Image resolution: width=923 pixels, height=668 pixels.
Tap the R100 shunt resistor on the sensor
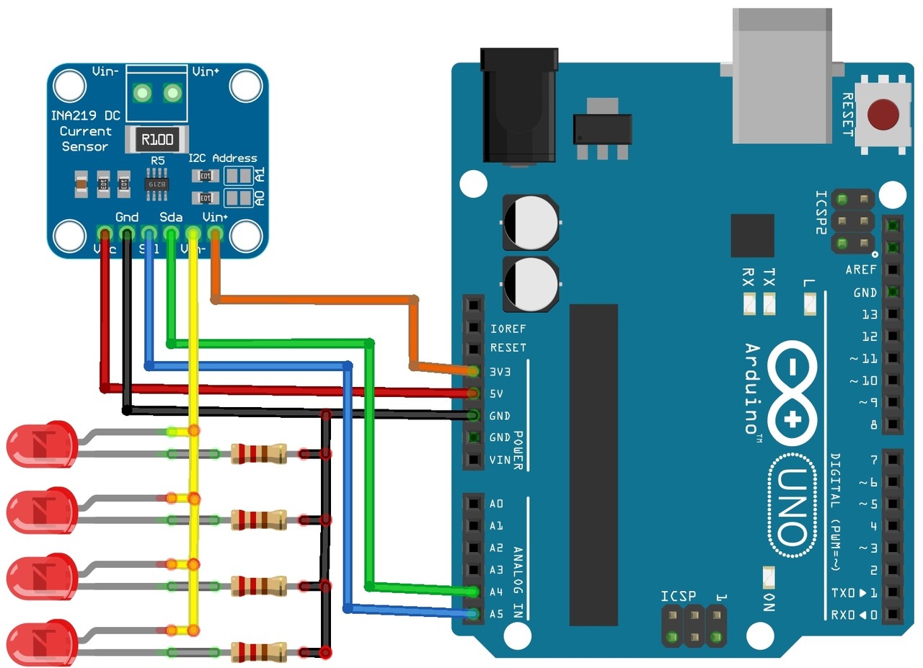tap(156, 139)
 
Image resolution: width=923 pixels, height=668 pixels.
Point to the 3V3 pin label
tap(500, 372)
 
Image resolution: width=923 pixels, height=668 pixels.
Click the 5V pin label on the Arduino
tap(496, 394)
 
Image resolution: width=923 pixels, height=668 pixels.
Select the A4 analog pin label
tap(496, 592)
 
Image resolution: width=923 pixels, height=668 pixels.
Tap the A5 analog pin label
tap(496, 615)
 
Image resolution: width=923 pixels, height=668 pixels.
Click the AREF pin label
tap(861, 270)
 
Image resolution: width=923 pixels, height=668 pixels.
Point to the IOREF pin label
tap(508, 329)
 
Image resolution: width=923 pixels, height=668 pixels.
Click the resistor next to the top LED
tap(258, 454)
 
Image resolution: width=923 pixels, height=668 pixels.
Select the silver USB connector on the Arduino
tap(783, 76)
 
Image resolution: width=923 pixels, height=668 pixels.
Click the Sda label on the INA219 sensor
tap(171, 217)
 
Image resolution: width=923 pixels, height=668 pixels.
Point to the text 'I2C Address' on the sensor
tap(222, 158)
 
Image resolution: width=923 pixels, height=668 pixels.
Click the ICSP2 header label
tap(821, 213)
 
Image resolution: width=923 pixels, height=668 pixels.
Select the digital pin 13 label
tap(869, 315)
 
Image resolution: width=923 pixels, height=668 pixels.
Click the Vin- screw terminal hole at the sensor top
tap(143, 93)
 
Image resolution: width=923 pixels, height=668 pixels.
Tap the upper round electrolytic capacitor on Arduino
tap(530, 221)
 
